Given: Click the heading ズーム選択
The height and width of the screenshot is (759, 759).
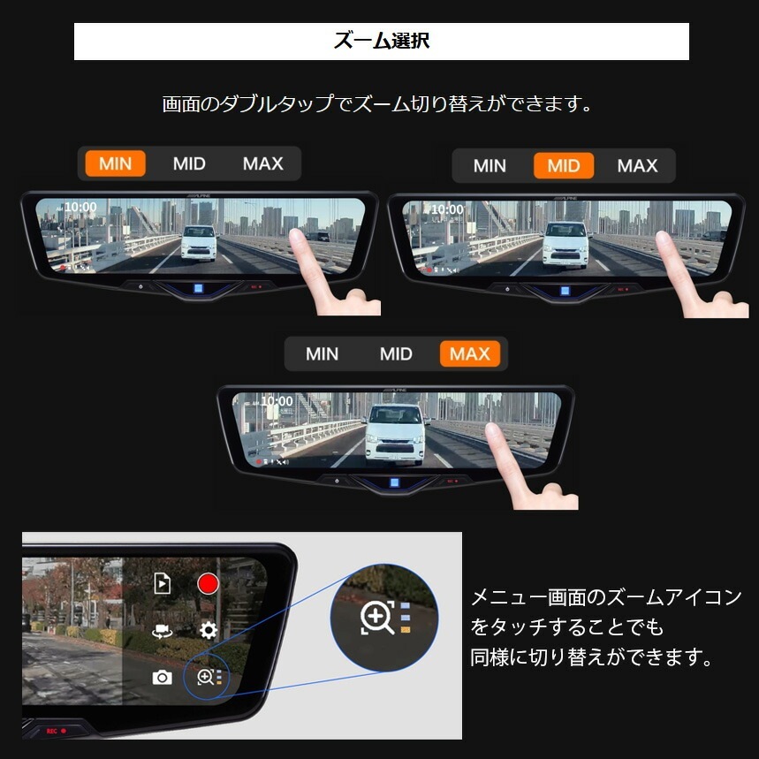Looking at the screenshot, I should [381, 42].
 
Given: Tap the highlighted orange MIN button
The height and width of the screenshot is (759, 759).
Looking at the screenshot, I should [115, 163].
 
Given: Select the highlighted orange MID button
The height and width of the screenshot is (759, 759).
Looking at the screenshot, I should [564, 165].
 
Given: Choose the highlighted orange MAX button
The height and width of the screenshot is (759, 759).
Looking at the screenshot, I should [469, 354].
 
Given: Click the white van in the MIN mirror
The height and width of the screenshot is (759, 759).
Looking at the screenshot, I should [199, 242].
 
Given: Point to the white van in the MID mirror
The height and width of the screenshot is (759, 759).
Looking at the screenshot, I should [565, 242].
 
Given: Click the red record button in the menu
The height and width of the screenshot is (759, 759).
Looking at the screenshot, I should [209, 583].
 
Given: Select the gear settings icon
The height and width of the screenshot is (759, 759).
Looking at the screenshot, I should [209, 630].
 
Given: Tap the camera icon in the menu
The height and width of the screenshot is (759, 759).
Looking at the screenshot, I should [162, 677].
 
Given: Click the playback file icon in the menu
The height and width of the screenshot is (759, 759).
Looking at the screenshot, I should [162, 583].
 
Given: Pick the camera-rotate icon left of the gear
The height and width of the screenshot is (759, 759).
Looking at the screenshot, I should [162, 631].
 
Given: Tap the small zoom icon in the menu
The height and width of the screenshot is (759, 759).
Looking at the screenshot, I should [206, 678].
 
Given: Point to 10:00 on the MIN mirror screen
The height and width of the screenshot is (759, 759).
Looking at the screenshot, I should [80, 207].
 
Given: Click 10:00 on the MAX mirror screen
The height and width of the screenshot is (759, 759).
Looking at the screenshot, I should [277, 401].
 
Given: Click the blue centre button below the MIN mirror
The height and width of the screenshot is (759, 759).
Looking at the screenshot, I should [200, 288].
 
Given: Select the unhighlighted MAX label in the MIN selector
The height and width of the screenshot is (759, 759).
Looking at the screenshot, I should [262, 163].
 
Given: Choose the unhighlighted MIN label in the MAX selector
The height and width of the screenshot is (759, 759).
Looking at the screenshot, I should [322, 354].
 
